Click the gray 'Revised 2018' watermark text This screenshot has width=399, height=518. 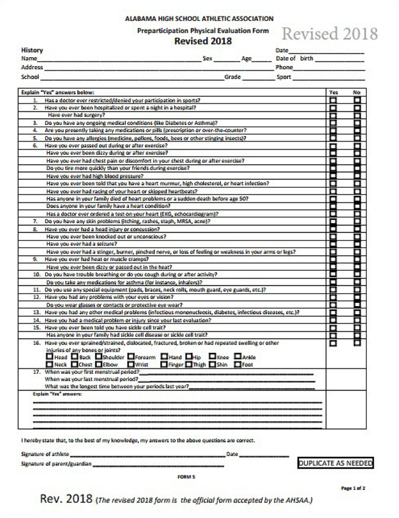tap(330, 34)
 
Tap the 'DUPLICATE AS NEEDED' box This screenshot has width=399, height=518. tap(336, 463)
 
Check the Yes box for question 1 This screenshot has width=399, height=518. tap(333, 100)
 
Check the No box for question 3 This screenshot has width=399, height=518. tap(357, 123)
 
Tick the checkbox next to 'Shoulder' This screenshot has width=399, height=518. tap(98, 357)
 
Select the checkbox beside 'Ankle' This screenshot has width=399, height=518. tap(237, 357)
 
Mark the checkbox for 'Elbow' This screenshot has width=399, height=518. tap(98, 365)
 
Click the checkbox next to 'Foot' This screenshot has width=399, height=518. tap(237, 365)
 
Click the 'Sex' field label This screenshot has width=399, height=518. tap(208, 58)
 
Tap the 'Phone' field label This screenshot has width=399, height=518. tap(284, 68)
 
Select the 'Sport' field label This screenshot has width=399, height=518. tap(284, 77)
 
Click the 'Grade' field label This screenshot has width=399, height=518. tap(232, 77)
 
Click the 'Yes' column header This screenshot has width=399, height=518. tap(334, 92)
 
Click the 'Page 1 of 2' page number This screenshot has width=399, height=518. tap(352, 488)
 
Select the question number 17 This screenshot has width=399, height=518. tap(36, 372)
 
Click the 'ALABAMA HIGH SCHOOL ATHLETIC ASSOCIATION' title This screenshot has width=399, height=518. tap(199, 19)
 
